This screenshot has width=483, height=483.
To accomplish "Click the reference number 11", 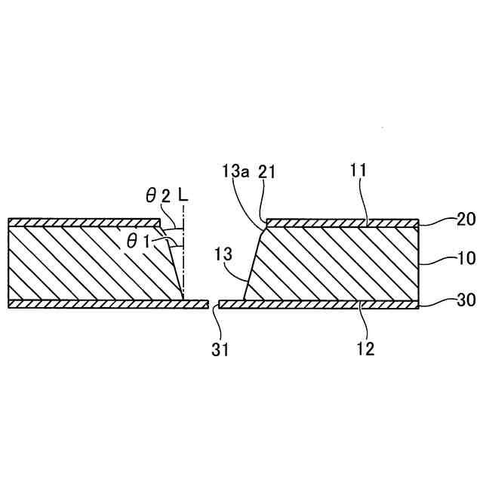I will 358,172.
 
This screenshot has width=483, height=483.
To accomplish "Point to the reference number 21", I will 266,173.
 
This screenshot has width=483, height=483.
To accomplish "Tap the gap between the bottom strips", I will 213,304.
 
